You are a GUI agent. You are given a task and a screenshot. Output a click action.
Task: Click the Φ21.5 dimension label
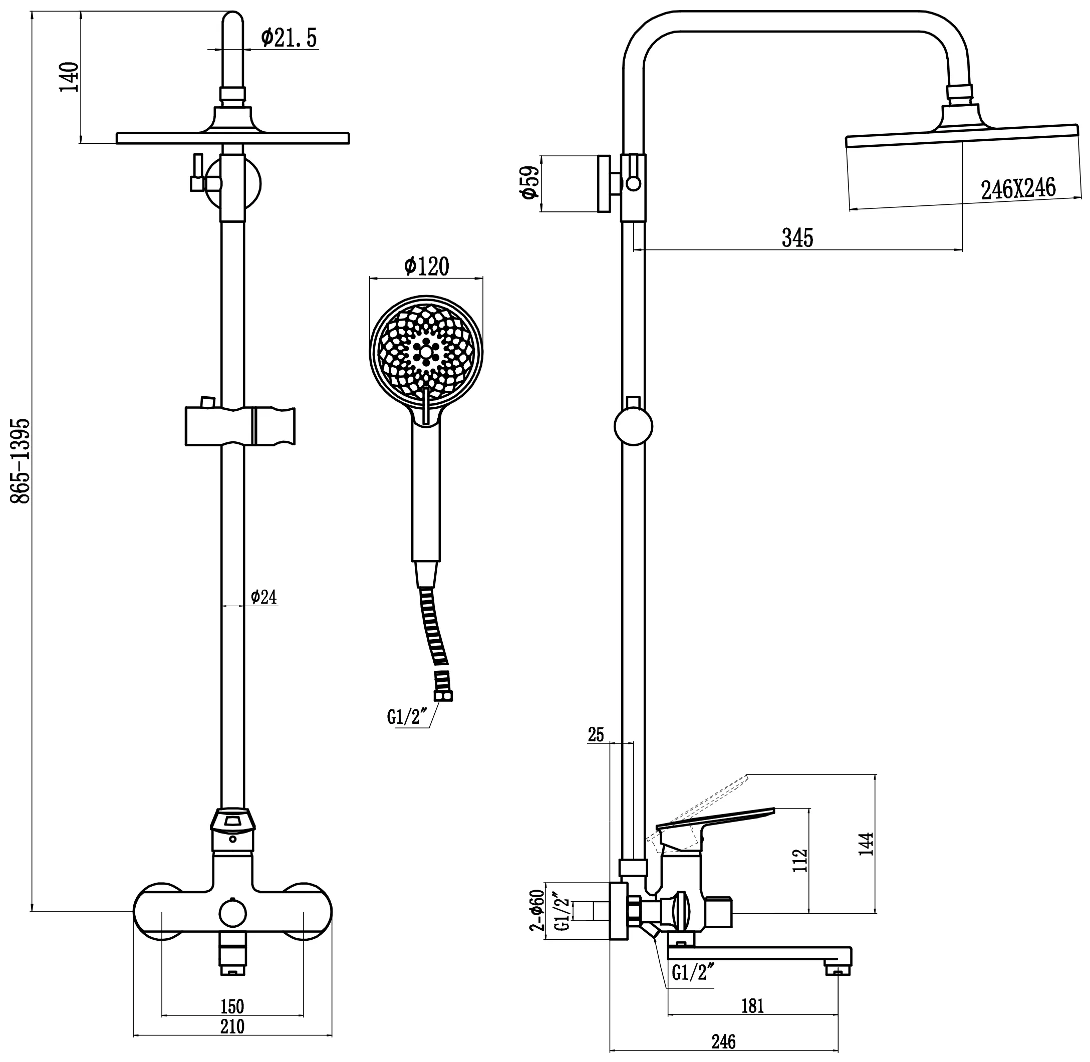pyautogui.click(x=289, y=38)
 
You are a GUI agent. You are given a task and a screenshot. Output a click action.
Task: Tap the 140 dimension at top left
pyautogui.click(x=70, y=78)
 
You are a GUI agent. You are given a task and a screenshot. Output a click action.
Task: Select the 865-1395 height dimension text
pyautogui.click(x=21, y=461)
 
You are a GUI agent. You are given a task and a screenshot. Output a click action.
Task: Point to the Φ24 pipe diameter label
pyautogui.click(x=263, y=597)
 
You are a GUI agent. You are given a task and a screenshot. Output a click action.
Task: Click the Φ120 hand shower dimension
pyautogui.click(x=426, y=267)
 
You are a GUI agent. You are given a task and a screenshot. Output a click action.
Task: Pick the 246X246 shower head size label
pyautogui.click(x=1018, y=189)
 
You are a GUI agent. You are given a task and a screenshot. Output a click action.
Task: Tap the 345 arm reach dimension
pyautogui.click(x=797, y=238)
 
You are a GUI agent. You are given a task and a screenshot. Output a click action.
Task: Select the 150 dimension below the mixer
pyautogui.click(x=232, y=1007)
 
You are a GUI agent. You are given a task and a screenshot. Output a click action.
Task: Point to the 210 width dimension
pyautogui.click(x=232, y=1026)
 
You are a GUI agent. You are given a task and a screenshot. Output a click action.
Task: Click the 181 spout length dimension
pyautogui.click(x=752, y=1006)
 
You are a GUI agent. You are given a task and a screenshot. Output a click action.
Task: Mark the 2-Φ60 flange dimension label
pyautogui.click(x=536, y=913)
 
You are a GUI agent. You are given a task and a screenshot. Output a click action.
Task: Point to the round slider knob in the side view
pyautogui.click(x=633, y=427)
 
